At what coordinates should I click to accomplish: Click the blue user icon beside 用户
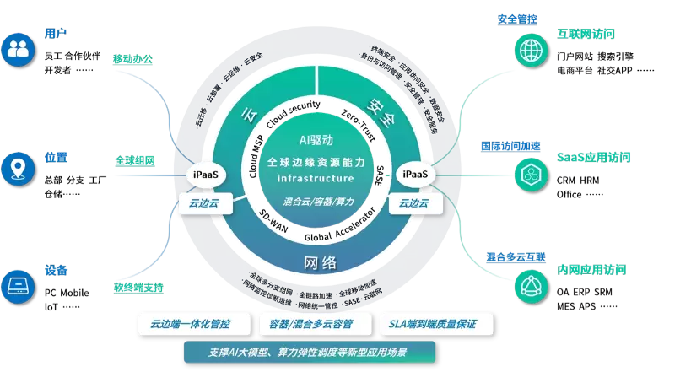pyautogui.click(x=18, y=49)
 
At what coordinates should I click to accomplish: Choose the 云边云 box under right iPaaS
pyautogui.click(x=414, y=203)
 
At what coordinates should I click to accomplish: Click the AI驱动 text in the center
pyautogui.click(x=316, y=140)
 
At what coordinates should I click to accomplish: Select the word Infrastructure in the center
pyautogui.click(x=316, y=179)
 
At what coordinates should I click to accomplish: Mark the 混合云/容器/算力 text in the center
pyautogui.click(x=316, y=202)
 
